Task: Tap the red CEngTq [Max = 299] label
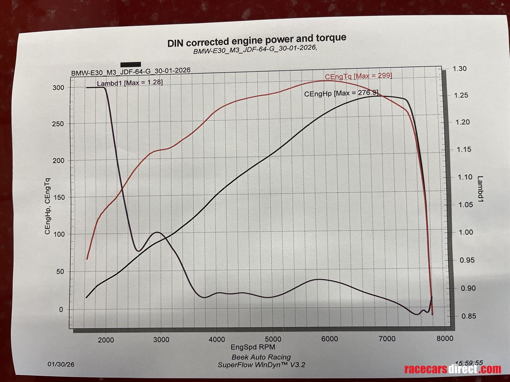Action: click(x=358, y=76)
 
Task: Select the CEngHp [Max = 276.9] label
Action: click(x=341, y=93)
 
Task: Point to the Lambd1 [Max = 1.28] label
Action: click(x=130, y=83)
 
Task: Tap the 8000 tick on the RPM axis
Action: click(x=444, y=339)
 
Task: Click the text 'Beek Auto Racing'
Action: click(x=261, y=357)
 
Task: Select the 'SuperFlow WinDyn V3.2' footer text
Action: click(x=261, y=365)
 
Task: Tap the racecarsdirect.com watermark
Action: click(x=452, y=369)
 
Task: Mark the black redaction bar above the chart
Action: click(x=131, y=64)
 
